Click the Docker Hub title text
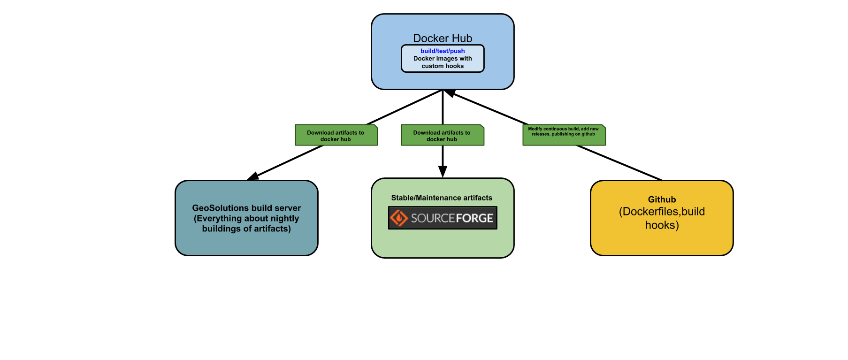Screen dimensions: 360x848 [x=443, y=38]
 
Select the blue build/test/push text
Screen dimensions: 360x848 [x=443, y=51]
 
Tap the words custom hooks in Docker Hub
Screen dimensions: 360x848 [x=443, y=66]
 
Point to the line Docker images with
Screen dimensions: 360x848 [x=443, y=59]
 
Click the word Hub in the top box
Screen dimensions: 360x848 [x=463, y=38]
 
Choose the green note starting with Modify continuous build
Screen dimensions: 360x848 [x=564, y=135]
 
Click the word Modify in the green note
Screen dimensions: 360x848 [x=535, y=129]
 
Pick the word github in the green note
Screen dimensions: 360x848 [x=588, y=134]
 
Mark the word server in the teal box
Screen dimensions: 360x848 [x=288, y=208]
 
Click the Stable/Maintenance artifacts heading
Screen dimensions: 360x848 [x=442, y=198]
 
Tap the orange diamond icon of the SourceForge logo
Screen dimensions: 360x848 [x=399, y=218]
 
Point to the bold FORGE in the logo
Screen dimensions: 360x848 [x=474, y=218]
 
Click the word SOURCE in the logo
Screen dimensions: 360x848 [x=433, y=218]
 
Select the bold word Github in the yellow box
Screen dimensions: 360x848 [x=662, y=199]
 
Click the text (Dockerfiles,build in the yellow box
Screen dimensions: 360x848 [x=662, y=212]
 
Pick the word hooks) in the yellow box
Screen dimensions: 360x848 [x=662, y=225]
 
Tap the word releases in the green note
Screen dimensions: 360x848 [x=540, y=134]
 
